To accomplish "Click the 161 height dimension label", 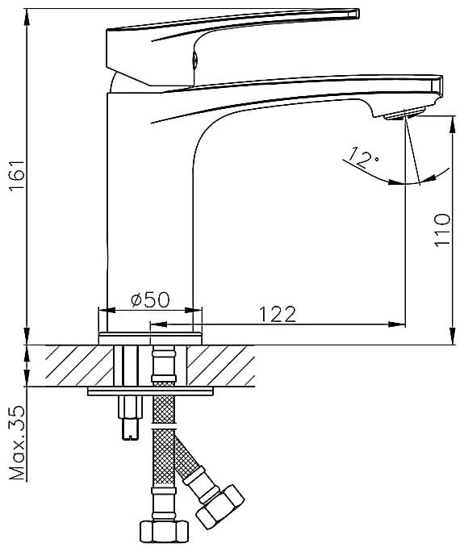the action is click(x=16, y=175).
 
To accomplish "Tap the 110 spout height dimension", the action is click(x=442, y=229).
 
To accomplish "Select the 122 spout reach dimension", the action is click(x=278, y=315).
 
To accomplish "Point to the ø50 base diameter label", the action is click(x=150, y=300).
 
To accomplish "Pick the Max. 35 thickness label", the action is click(x=17, y=443).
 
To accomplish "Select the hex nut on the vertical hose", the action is click(x=164, y=532).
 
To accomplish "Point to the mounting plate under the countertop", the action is click(x=150, y=391).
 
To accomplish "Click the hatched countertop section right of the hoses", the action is click(x=221, y=366).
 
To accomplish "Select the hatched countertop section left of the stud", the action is click(x=80, y=366).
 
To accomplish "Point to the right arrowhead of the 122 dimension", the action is click(x=396, y=324).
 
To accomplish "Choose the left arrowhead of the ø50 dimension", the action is click(x=107, y=310).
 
